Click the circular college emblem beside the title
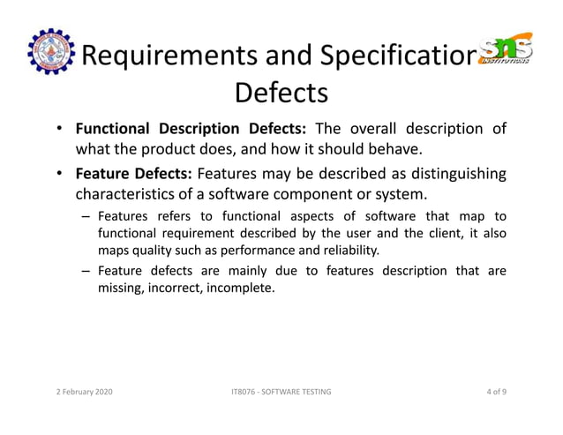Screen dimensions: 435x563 [50, 52]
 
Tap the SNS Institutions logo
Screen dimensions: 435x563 [506, 51]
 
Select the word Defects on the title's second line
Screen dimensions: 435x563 [281, 92]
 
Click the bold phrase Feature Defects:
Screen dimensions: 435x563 [134, 173]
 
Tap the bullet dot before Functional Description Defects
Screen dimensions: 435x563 [57, 129]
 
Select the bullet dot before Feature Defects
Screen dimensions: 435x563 [57, 173]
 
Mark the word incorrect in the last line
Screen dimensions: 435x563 [176, 289]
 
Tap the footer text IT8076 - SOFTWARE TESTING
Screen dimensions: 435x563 [279, 391]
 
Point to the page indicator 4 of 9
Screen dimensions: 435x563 [503, 391]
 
